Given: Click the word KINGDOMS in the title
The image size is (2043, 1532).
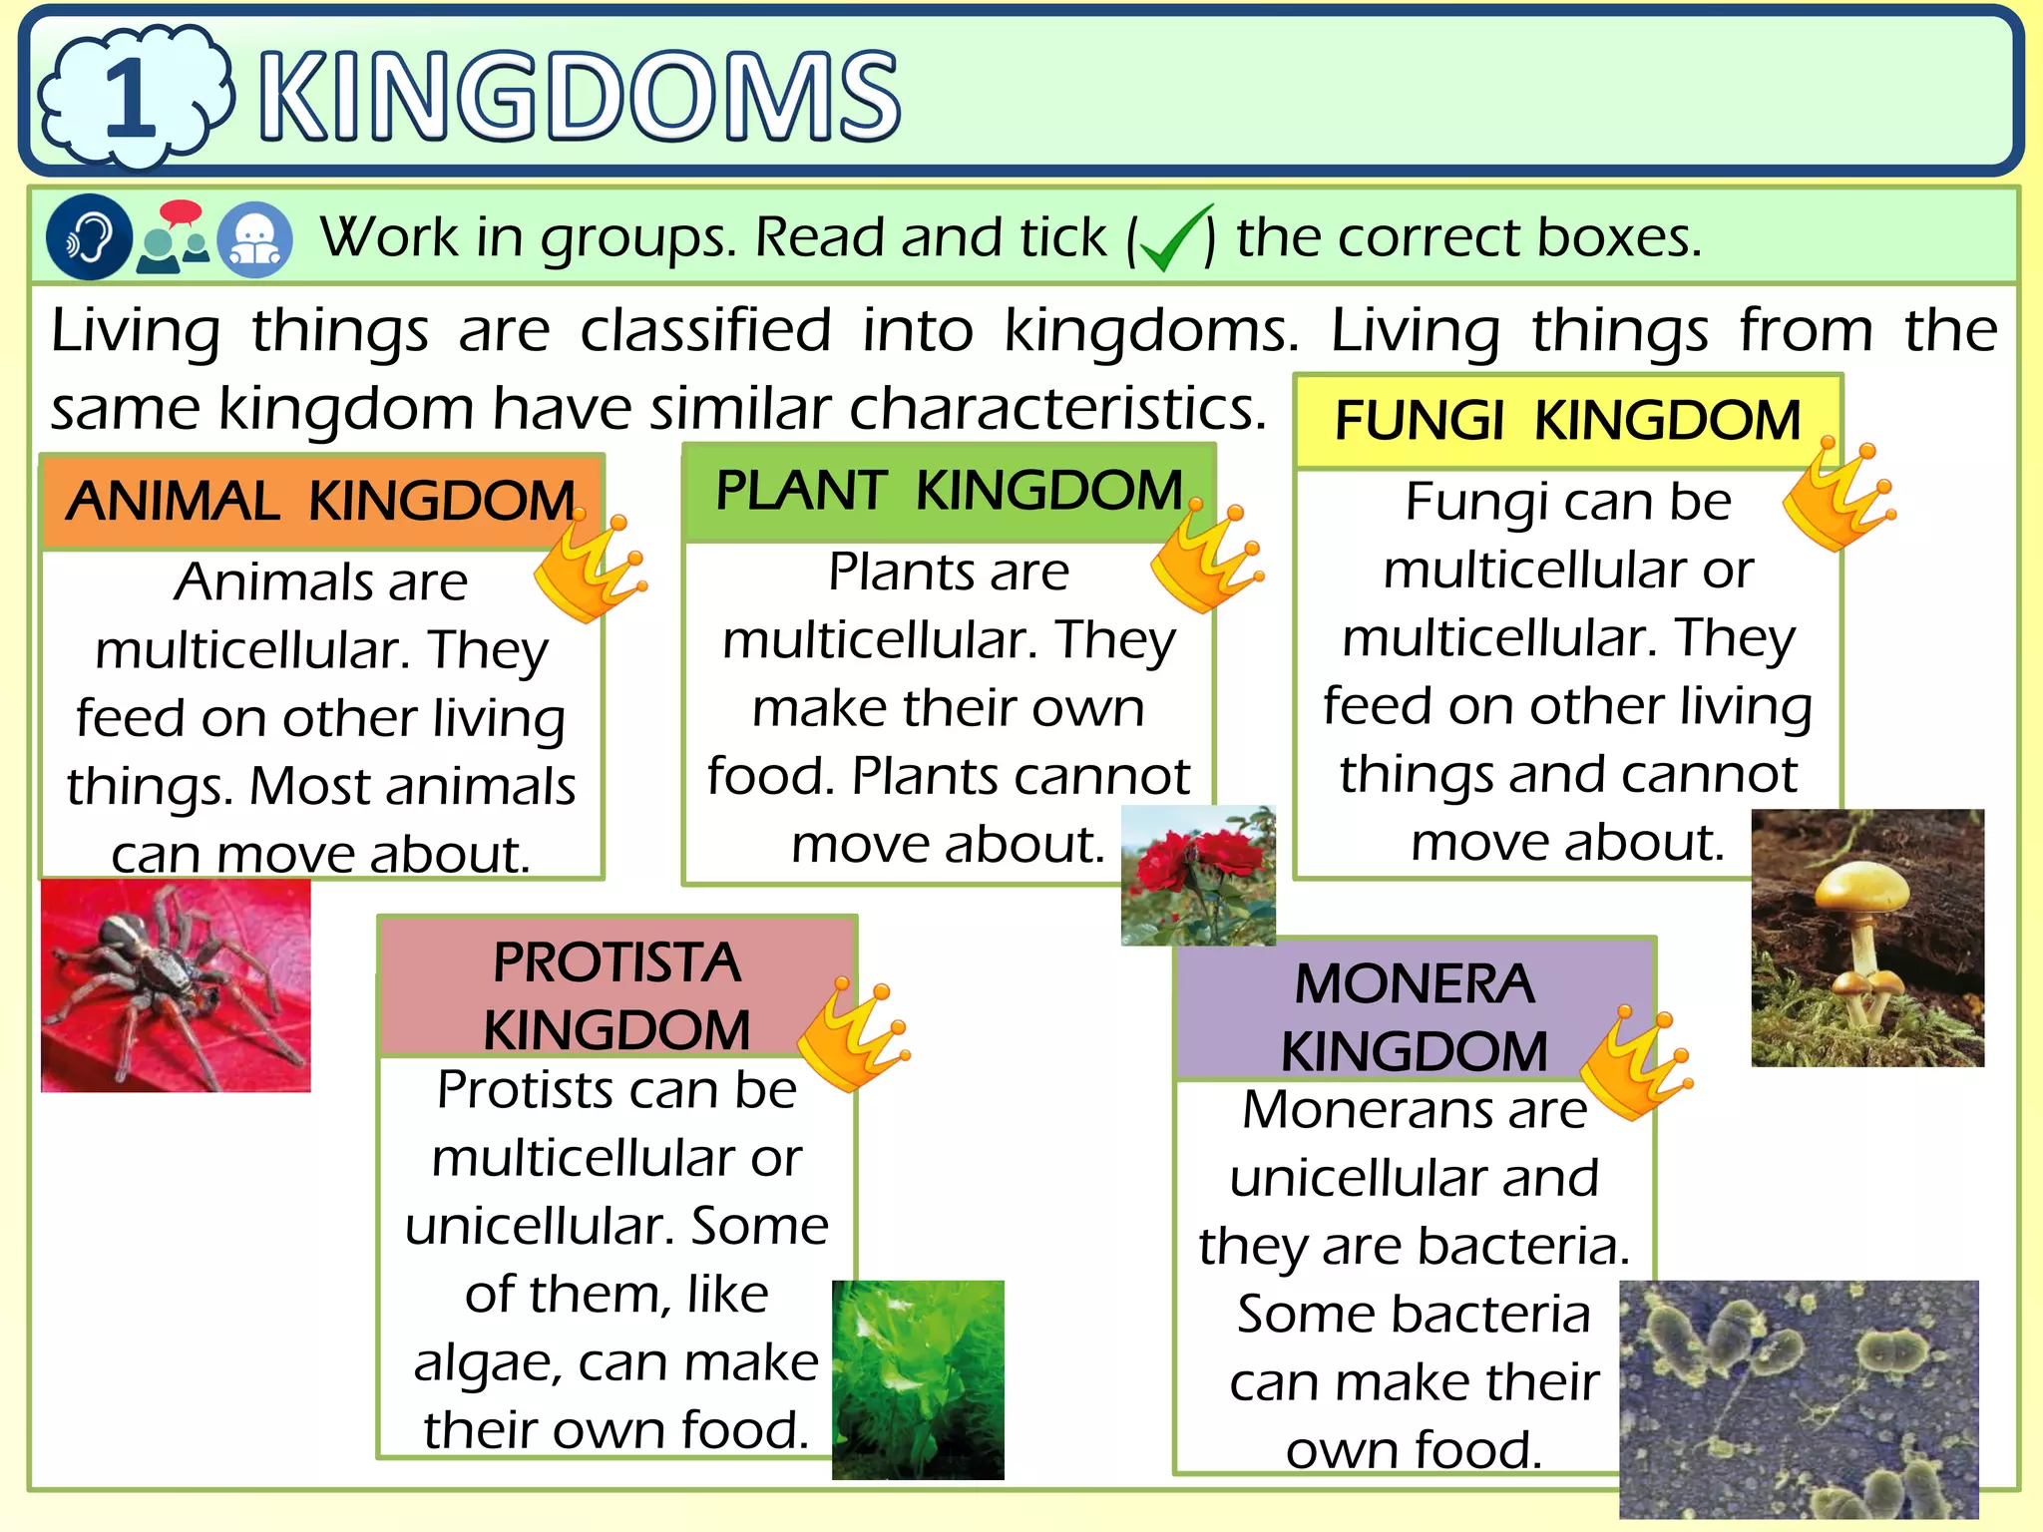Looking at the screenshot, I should tap(579, 97).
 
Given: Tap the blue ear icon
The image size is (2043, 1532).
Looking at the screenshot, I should tap(89, 237).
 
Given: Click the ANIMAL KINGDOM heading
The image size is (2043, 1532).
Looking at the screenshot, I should tap(321, 501).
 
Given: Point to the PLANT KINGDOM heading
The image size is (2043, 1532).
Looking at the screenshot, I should tap(949, 491).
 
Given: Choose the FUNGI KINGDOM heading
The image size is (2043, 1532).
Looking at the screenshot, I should tap(1567, 420).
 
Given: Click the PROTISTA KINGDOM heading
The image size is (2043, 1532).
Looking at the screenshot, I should tap(616, 994).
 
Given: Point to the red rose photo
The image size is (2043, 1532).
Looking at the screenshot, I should tap(1198, 875).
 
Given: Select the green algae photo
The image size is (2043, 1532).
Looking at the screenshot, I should tap(918, 1378).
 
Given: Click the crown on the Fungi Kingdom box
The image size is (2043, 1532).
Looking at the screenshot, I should tap(1836, 497).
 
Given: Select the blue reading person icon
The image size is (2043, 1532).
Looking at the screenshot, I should tap(255, 239).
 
